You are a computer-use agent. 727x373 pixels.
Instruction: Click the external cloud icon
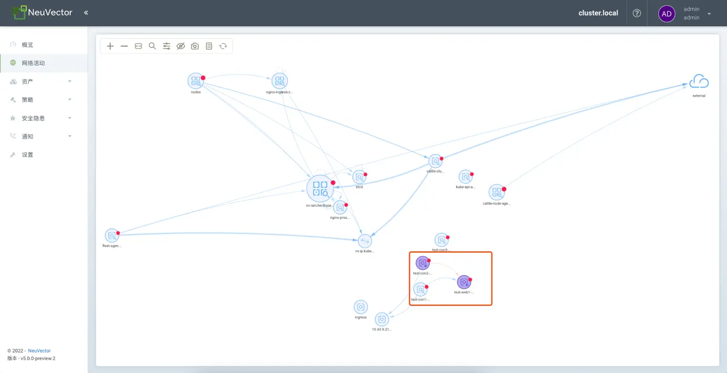699,82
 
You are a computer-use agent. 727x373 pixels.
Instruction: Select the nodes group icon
196,81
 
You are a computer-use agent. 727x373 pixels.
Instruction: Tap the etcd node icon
359,177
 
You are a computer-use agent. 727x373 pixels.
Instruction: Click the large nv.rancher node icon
320,189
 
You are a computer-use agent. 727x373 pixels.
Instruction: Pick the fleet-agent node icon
112,236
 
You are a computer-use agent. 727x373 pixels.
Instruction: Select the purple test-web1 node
464,282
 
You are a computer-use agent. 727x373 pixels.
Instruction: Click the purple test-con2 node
422,263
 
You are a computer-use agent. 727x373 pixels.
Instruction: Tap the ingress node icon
360,307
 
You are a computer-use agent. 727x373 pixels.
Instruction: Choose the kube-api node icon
465,177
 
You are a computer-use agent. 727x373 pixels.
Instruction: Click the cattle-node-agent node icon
496,193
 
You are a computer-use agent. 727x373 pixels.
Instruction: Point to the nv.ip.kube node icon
365,241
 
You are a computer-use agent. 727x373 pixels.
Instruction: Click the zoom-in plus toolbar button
110,46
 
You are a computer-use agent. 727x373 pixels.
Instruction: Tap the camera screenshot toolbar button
195,46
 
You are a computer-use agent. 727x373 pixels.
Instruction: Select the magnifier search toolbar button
152,46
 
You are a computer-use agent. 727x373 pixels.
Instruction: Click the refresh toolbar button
223,46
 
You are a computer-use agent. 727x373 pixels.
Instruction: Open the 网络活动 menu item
34,63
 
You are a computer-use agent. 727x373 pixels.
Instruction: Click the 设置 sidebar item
27,155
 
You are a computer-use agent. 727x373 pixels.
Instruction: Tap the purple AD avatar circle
667,14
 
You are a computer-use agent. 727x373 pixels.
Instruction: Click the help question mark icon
637,13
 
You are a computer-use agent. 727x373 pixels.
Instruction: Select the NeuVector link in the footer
39,350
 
